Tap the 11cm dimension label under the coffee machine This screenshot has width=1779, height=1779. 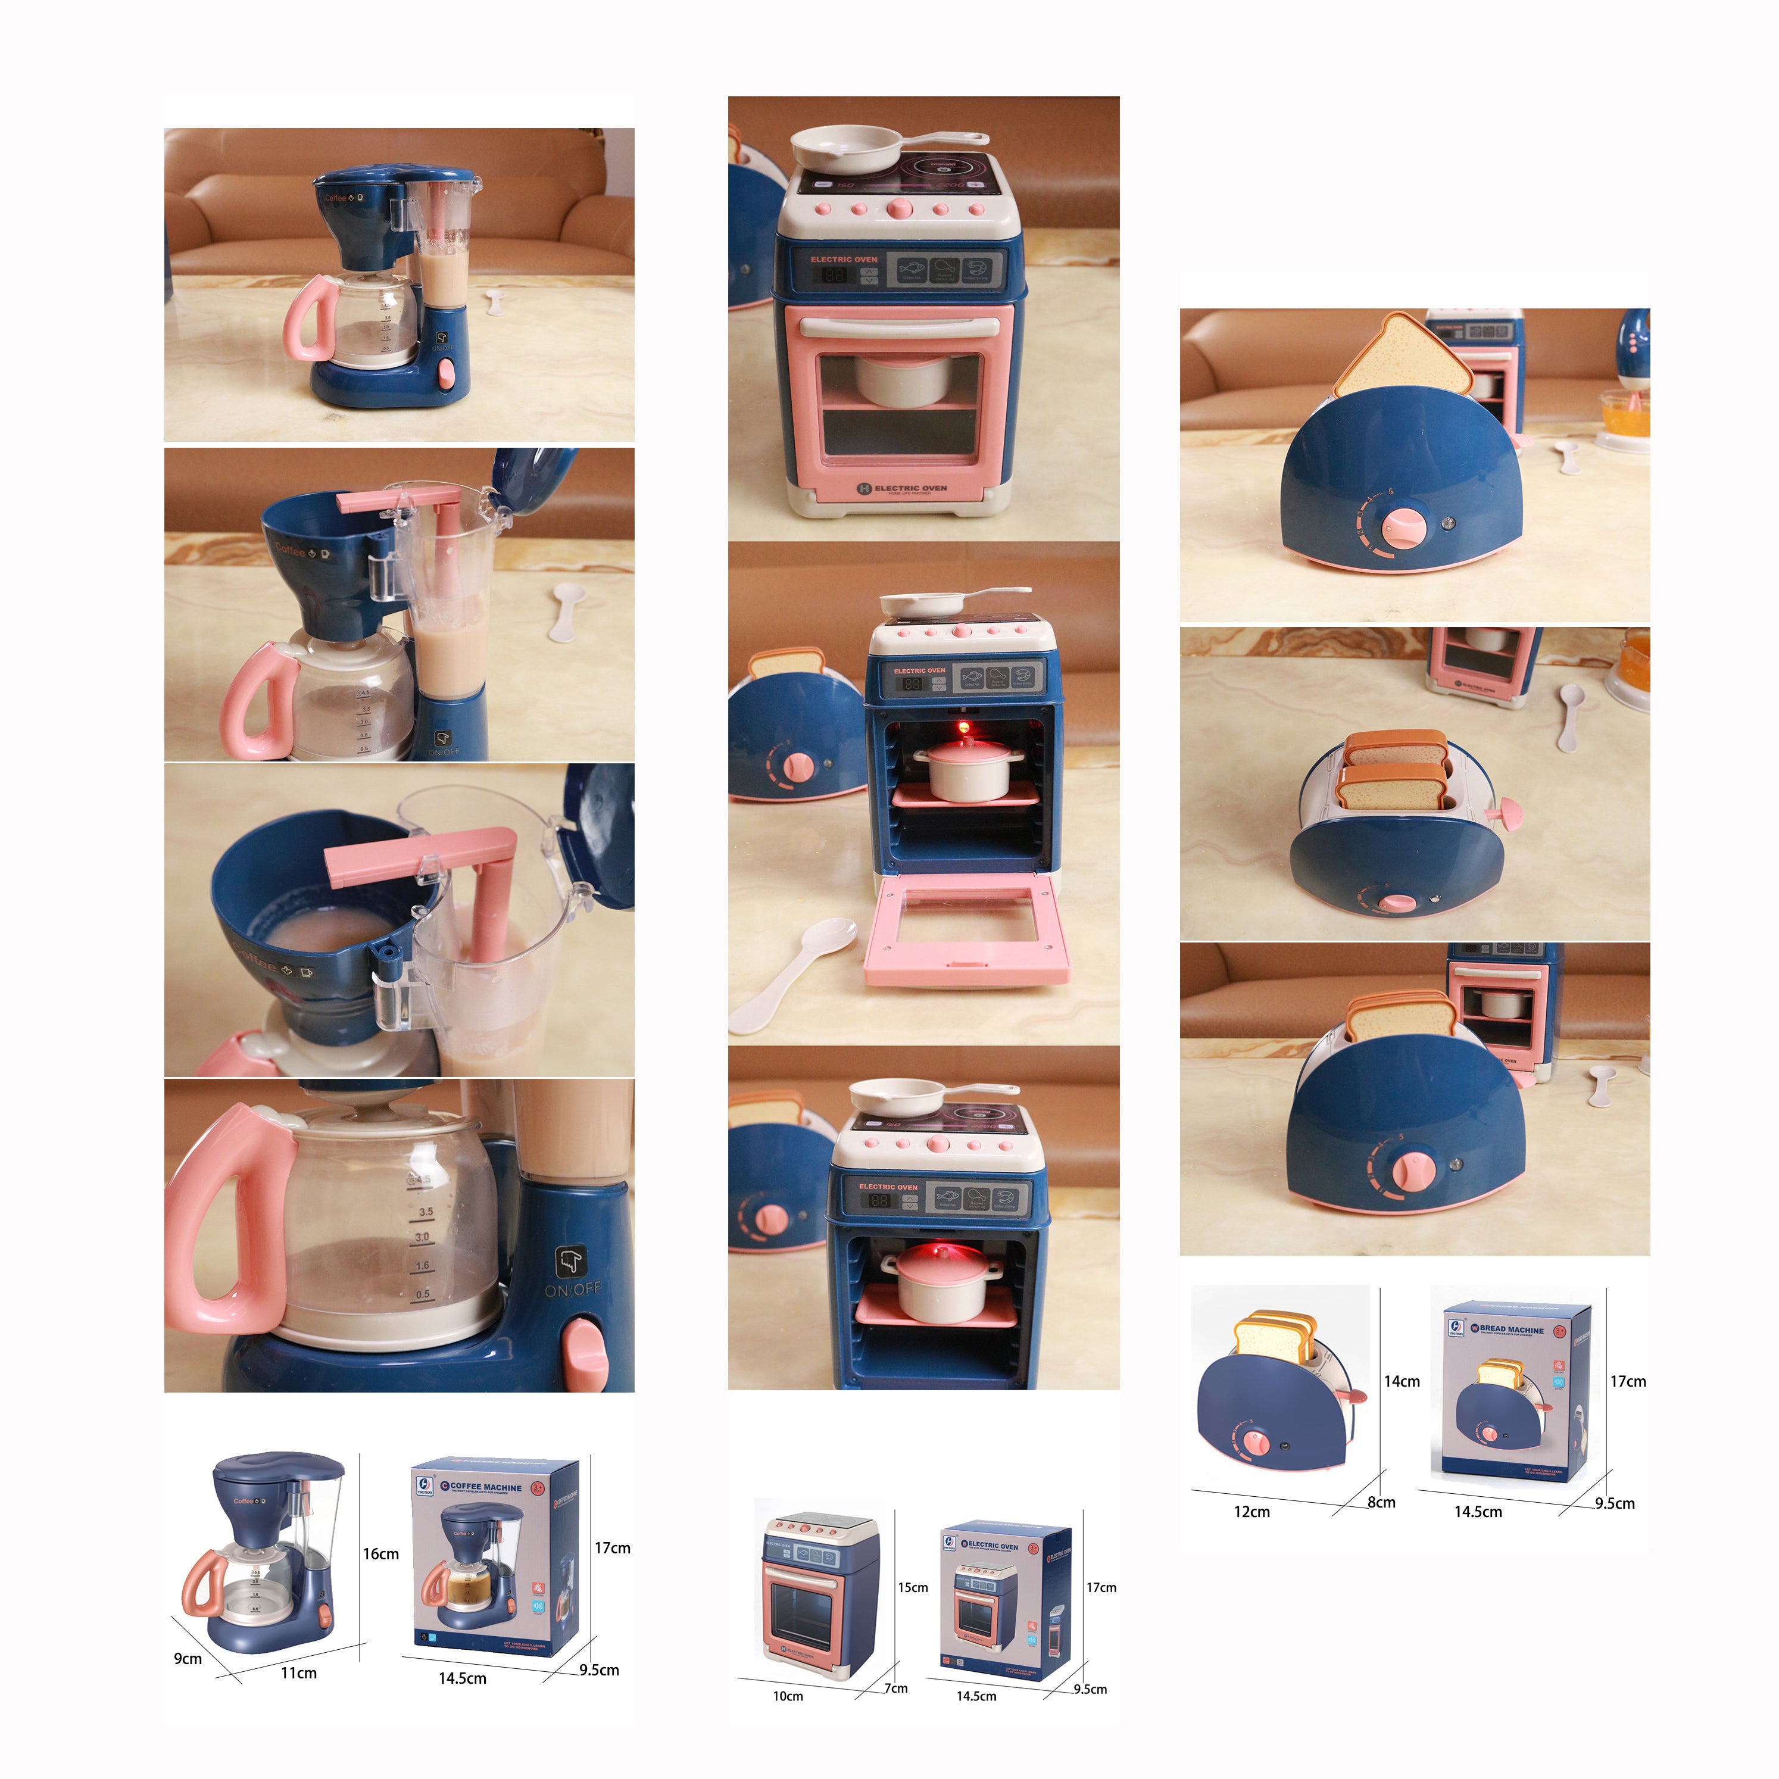point(298,1673)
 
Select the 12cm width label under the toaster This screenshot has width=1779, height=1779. point(1251,1512)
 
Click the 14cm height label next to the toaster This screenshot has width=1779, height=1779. point(1402,1381)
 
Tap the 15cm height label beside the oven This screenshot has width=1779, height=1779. point(913,1587)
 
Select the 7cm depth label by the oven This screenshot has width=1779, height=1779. point(896,1688)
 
